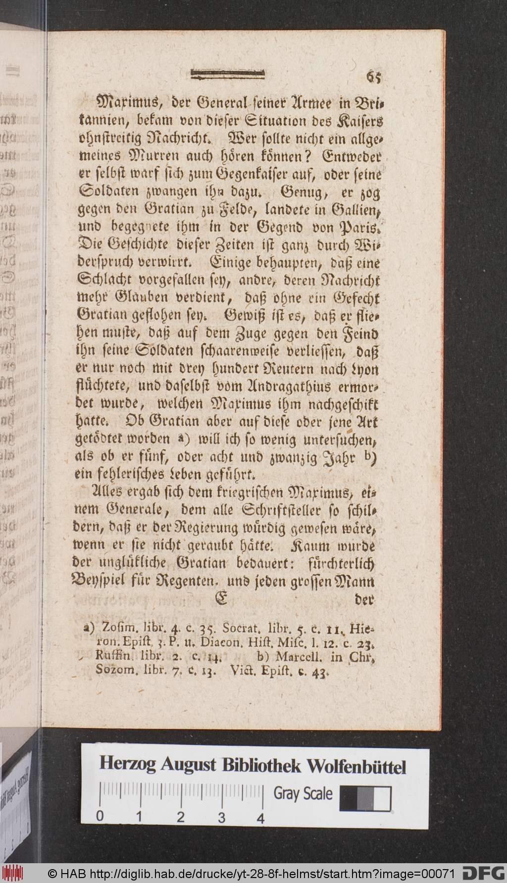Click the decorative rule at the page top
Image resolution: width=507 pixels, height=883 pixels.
[x=228, y=75]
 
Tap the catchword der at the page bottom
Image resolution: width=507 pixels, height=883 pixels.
[x=365, y=601]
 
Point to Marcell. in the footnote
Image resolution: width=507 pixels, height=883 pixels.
[x=297, y=658]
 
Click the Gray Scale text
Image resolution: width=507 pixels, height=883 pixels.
[x=303, y=794]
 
